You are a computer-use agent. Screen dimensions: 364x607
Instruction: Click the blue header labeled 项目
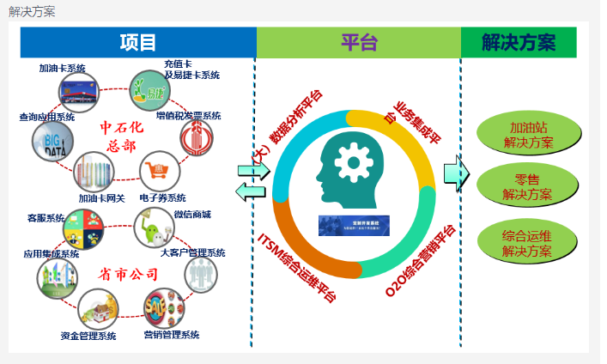[137, 43]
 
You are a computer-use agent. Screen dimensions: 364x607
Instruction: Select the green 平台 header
[358, 43]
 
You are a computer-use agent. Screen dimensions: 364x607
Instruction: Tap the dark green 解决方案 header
[518, 43]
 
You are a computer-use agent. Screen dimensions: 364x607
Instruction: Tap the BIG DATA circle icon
[53, 143]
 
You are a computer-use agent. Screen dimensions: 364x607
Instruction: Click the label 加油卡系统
[62, 69]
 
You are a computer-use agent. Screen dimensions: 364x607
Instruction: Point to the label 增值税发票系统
[189, 116]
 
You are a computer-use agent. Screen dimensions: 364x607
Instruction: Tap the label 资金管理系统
[88, 336]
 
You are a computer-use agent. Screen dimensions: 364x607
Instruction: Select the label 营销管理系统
[171, 335]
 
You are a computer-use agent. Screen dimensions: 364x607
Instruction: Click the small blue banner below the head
[354, 225]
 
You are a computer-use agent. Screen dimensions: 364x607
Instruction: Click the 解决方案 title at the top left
[32, 11]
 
